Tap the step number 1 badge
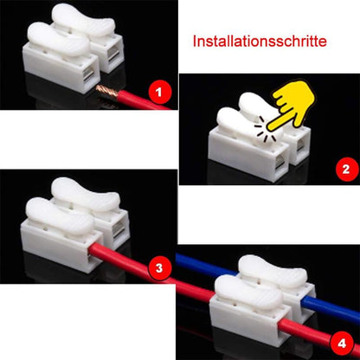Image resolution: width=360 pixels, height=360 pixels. click(x=158, y=89)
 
